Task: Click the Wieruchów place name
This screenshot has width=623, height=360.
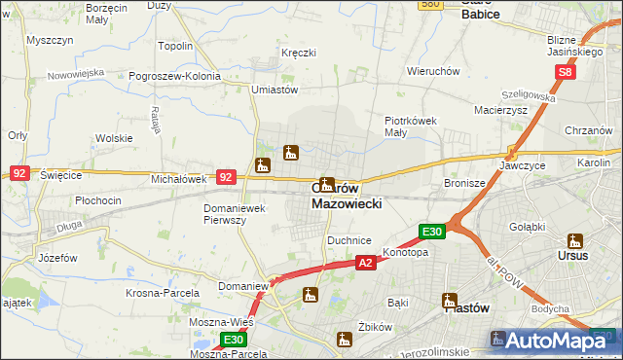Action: tap(433, 71)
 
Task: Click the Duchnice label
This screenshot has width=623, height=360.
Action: tap(349, 239)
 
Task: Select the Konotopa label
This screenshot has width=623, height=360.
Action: tap(406, 252)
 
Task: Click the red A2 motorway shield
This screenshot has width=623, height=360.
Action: tap(365, 263)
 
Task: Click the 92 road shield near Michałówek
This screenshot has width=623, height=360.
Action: tap(226, 177)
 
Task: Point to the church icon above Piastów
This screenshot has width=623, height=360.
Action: tap(450, 299)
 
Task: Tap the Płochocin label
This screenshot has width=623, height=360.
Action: tap(97, 200)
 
